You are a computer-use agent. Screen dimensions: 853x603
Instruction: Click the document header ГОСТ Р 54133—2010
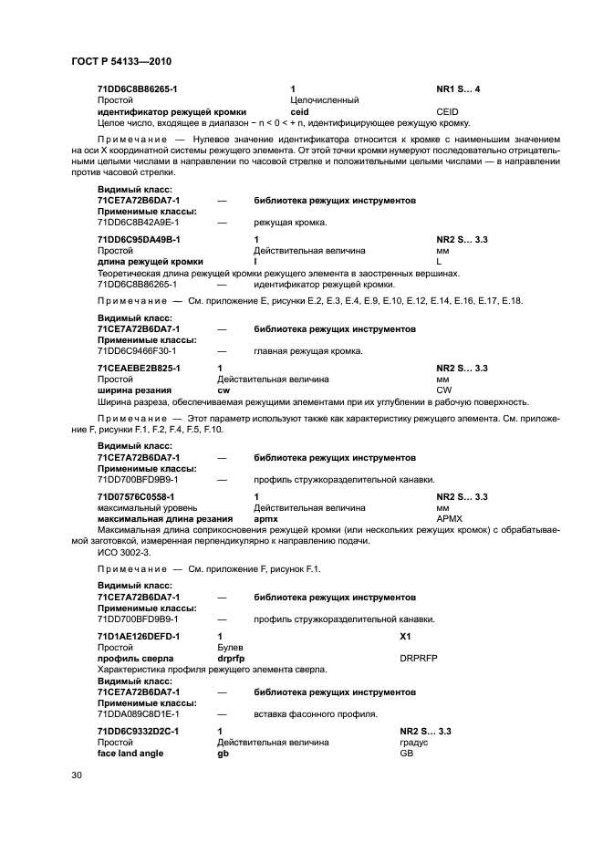[121, 61]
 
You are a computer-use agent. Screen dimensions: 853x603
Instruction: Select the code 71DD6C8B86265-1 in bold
[137, 88]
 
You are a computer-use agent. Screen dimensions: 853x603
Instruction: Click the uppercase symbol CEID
[447, 111]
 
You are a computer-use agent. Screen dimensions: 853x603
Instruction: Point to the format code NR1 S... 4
[458, 88]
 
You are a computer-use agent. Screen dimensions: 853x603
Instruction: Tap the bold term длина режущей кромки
[150, 262]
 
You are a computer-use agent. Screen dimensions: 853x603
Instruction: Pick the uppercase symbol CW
[443, 390]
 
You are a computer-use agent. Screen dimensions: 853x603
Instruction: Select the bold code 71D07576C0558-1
[138, 496]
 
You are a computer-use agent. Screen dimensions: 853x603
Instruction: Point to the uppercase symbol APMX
[450, 519]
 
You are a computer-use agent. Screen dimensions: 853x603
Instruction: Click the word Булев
[230, 646]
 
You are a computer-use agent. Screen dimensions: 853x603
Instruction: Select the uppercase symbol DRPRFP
[419, 657]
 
